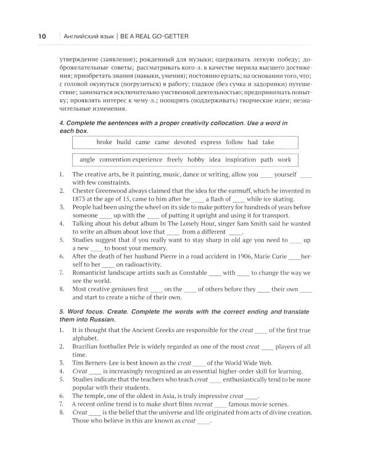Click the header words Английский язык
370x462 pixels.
tap(86, 36)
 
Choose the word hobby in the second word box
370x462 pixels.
tap(196, 160)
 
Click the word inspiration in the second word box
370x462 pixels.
tap(240, 160)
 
